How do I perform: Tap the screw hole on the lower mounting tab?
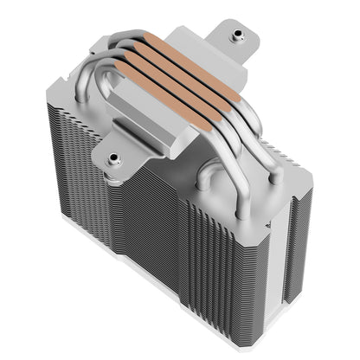[x=113, y=158]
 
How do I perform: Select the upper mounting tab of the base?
[x=232, y=39]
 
